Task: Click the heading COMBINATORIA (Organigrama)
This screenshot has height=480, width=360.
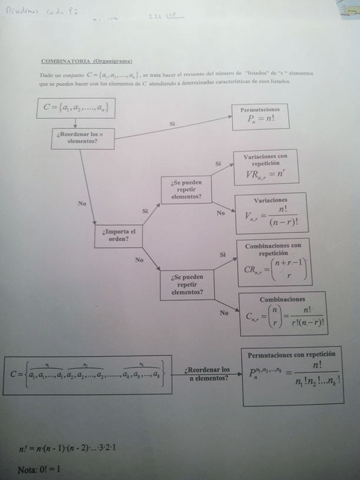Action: point(86,61)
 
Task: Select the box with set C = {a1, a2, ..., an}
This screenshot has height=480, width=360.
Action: point(75,108)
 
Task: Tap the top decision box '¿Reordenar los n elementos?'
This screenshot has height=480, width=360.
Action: point(82,138)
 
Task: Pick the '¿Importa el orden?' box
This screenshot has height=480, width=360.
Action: point(118,235)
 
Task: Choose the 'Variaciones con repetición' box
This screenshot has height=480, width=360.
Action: point(265,168)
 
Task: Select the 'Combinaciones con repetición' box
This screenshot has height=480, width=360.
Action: point(274,262)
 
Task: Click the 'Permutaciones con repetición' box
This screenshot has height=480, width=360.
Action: point(292,375)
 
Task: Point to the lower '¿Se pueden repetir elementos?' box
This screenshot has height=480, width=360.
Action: point(187,285)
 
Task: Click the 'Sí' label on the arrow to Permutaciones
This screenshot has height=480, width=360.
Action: point(172,124)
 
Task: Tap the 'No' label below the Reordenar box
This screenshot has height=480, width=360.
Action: point(82,203)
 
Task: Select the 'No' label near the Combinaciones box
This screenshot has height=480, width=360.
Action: point(224,313)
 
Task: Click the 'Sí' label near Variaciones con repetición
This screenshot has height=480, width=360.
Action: point(218,163)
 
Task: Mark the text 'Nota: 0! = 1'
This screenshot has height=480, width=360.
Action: point(39,469)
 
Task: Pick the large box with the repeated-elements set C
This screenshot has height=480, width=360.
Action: point(88,374)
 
